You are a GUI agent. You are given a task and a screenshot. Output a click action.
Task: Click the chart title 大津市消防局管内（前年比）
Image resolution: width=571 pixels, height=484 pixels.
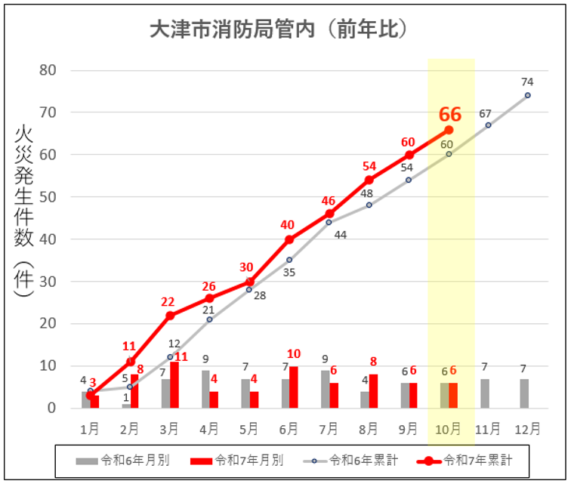click(280, 29)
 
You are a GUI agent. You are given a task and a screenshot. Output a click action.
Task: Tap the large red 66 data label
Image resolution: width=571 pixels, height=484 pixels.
click(450, 115)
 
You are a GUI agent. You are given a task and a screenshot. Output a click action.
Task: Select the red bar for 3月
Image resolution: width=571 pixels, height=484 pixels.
click(174, 385)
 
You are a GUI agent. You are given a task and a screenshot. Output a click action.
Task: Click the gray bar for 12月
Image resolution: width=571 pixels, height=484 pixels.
click(523, 393)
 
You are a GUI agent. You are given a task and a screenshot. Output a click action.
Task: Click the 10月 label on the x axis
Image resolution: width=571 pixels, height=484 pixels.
click(448, 430)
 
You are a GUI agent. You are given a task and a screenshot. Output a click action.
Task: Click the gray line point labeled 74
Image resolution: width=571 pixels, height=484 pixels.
click(527, 95)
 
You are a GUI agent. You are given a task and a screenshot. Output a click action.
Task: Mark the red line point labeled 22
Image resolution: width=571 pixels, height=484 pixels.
click(170, 315)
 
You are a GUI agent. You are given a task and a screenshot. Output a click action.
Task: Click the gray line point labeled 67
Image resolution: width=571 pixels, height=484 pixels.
click(488, 125)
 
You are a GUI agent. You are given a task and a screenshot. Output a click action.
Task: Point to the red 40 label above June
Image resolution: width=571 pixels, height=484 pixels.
click(288, 225)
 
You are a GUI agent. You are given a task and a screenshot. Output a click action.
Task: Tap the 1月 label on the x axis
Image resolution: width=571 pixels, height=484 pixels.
click(90, 430)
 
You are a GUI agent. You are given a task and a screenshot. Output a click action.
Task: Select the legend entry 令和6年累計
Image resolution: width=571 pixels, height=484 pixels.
click(356, 460)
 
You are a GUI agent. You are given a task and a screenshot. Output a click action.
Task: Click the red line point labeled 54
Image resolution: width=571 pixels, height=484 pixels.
click(369, 180)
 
